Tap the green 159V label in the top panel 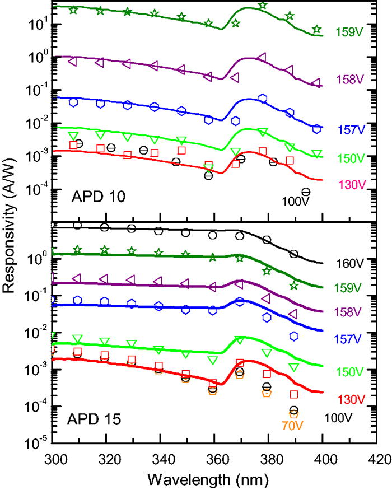350,32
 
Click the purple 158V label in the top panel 350,79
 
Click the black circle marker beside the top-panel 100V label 306,192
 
